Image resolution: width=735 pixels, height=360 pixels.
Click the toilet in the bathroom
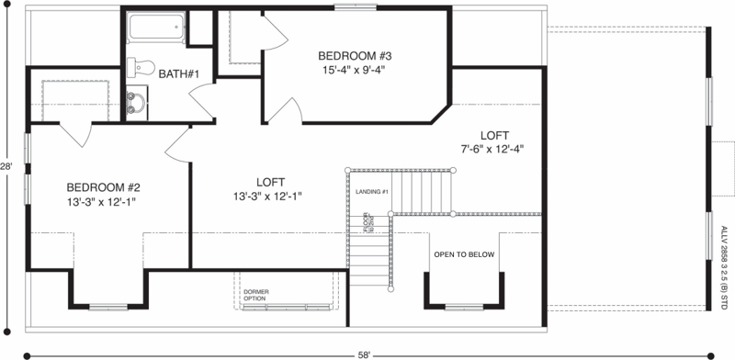click(x=138, y=66)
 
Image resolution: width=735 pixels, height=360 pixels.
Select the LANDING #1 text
click(x=373, y=191)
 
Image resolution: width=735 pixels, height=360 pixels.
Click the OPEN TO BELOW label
click(x=464, y=254)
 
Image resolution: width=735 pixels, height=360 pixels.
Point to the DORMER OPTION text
click(x=256, y=295)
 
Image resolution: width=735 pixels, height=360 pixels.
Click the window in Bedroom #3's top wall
click(x=354, y=7)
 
